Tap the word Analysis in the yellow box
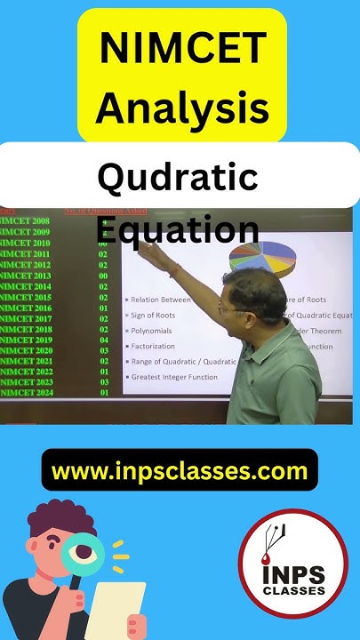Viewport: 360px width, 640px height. tap(181, 108)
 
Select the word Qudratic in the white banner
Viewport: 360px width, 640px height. tap(178, 178)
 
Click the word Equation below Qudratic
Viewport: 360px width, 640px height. tap(177, 229)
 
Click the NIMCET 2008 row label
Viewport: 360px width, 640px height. tap(25, 220)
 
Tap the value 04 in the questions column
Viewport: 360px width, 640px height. tap(103, 340)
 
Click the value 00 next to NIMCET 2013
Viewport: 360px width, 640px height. tap(103, 276)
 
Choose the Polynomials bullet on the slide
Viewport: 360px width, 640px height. tap(156, 330)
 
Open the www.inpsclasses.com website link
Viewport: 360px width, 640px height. tap(180, 470)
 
